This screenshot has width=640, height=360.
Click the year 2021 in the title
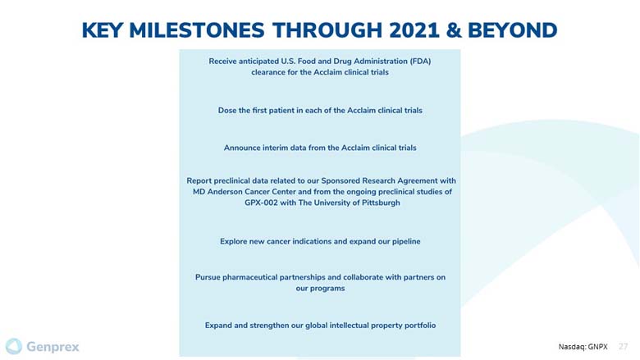point(414,30)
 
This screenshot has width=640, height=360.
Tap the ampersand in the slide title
point(454,30)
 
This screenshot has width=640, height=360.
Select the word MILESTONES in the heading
point(197,30)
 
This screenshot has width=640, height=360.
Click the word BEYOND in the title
point(512,30)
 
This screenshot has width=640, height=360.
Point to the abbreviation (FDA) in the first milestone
point(420,62)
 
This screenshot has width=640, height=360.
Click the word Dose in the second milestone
point(226,110)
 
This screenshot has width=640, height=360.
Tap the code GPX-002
point(261,203)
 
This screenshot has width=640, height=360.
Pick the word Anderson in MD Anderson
point(225,192)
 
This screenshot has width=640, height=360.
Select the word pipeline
point(406,241)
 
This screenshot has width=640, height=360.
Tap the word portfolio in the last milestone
point(420,326)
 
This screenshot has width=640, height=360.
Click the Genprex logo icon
point(14,347)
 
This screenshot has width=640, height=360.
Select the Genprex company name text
point(53,347)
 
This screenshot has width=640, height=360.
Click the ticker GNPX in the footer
point(597,347)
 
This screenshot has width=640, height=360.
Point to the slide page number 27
point(623,347)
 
